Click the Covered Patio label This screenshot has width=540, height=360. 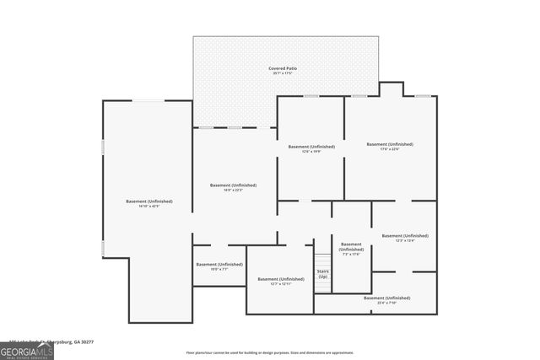click(283, 67)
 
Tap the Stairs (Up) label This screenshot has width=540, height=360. click(322, 274)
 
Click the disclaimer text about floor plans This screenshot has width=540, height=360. click(269, 352)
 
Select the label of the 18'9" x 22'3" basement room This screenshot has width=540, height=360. click(233, 185)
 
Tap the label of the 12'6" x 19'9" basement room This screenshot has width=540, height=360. click(310, 147)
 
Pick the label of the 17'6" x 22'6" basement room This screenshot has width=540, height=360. click(389, 144)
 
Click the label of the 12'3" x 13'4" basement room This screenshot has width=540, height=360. click(403, 236)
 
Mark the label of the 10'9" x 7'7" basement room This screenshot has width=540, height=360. click(219, 265)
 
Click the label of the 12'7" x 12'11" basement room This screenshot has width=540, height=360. click(280, 279)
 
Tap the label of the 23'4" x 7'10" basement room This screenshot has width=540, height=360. click(386, 298)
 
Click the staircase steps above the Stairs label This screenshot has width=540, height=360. click(322, 259)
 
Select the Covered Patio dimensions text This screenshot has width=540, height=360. click(283, 73)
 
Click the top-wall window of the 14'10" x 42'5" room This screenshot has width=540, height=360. click(149, 101)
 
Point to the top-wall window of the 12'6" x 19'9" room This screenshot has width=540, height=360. click(310, 96)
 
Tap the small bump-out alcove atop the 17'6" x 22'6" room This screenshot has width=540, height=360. click(390, 89)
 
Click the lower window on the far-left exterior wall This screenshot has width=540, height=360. click(103, 248)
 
